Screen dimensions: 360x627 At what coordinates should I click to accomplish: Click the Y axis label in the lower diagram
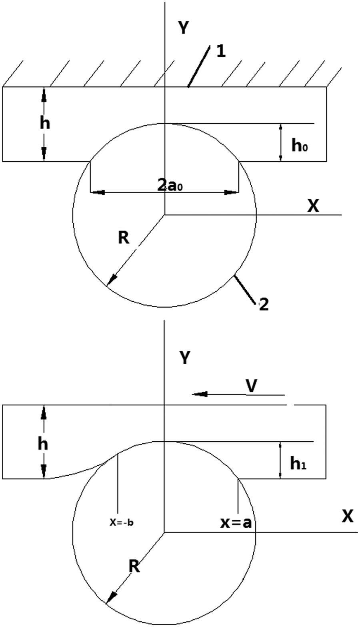(185, 358)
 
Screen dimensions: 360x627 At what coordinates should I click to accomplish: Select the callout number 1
(221, 52)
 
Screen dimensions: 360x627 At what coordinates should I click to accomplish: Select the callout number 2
(264, 304)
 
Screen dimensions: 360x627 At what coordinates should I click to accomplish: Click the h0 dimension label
(300, 146)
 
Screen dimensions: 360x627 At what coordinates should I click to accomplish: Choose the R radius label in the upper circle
(124, 238)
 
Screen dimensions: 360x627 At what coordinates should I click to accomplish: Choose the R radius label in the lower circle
(134, 567)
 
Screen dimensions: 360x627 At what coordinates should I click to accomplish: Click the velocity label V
(252, 387)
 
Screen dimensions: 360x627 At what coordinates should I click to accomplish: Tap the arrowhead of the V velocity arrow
(200, 394)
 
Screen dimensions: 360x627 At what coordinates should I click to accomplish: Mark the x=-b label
(121, 522)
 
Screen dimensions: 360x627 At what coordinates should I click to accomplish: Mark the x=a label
(236, 523)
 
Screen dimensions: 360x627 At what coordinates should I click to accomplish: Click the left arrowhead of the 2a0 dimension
(97, 192)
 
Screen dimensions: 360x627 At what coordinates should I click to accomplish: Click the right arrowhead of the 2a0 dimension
(232, 192)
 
